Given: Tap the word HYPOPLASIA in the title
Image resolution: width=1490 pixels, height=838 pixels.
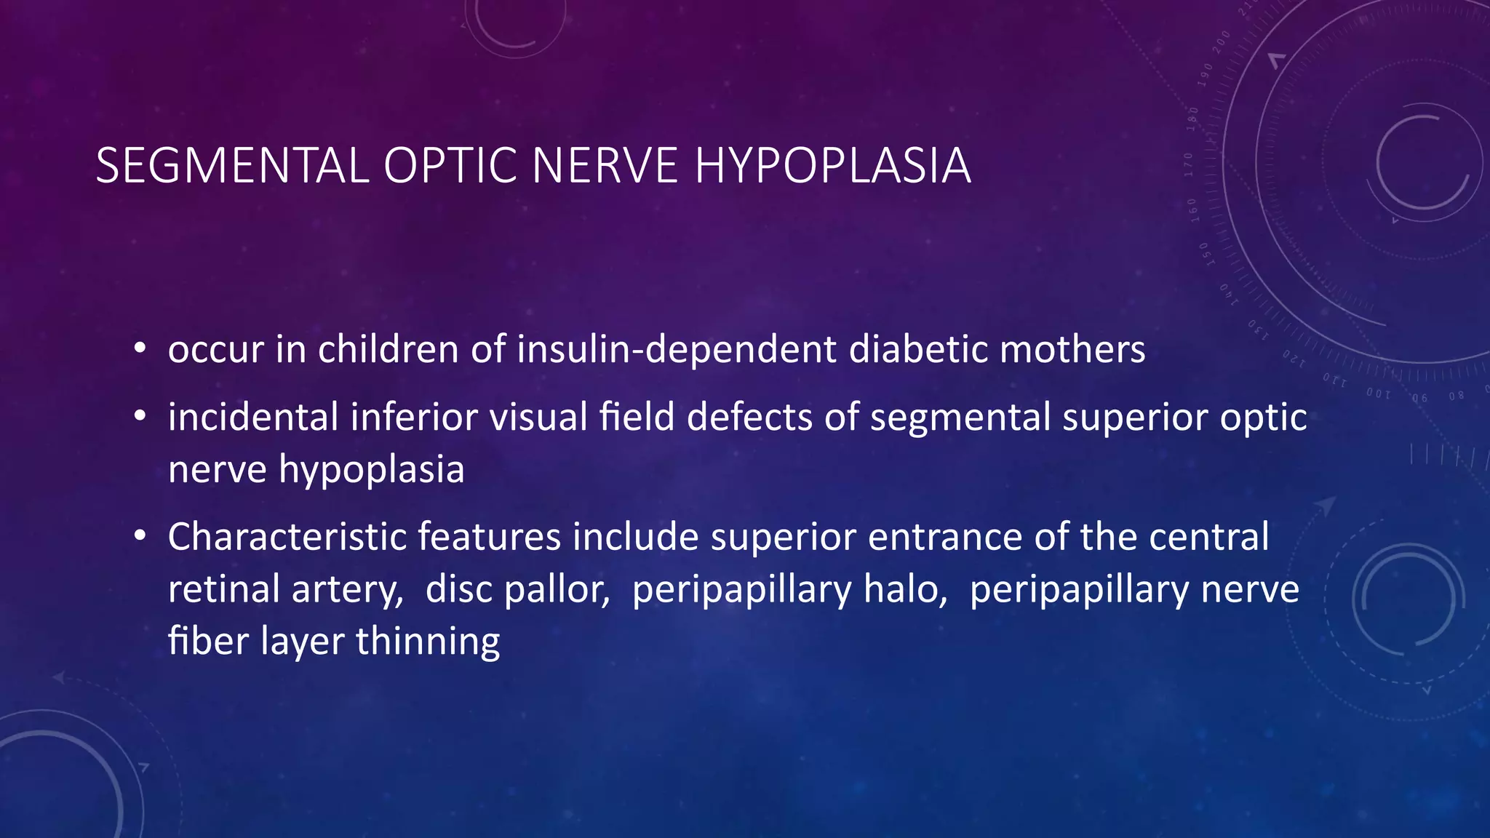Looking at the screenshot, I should tap(832, 166).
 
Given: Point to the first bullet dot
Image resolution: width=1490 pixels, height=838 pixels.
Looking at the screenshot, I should tap(140, 349).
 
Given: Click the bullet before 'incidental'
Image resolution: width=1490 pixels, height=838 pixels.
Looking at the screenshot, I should tap(140, 417).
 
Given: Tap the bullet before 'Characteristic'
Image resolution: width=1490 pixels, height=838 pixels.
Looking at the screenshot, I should tap(140, 537).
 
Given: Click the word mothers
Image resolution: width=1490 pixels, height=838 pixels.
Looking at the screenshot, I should tap(1072, 349).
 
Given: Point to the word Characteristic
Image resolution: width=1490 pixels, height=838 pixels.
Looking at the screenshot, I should tap(286, 537).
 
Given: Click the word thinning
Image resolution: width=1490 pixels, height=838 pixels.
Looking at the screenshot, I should tap(428, 642).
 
